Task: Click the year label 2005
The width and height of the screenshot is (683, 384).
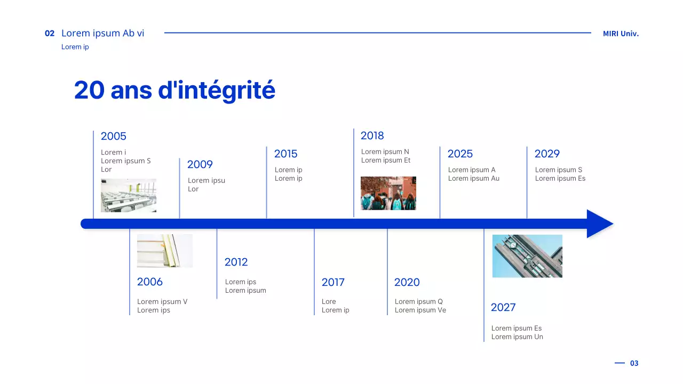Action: (113, 137)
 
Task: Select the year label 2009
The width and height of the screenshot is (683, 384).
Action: (200, 165)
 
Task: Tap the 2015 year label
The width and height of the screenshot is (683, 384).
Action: (285, 154)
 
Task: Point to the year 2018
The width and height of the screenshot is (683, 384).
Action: (372, 136)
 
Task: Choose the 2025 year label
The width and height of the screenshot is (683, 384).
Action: (460, 154)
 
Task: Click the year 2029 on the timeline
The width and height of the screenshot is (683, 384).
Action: (547, 154)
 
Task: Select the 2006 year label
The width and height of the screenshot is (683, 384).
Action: (149, 282)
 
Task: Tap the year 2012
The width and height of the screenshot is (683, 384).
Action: (236, 262)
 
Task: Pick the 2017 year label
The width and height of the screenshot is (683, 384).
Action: (333, 283)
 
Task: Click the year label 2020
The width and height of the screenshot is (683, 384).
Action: (407, 283)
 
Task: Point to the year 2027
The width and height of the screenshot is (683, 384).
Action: (503, 308)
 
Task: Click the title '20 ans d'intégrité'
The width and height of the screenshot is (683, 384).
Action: (174, 90)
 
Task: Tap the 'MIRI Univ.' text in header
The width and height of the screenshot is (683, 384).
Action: (621, 34)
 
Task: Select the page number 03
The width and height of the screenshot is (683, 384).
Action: (634, 363)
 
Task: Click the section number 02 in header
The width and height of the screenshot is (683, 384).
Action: (50, 34)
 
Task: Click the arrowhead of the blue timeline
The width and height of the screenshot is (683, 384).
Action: (599, 224)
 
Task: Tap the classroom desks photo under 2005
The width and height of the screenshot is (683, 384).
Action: (129, 196)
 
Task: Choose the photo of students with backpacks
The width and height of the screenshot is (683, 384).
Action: (388, 194)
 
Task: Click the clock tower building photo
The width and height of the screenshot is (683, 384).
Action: (527, 256)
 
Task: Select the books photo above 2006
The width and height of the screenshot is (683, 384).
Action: (165, 251)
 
